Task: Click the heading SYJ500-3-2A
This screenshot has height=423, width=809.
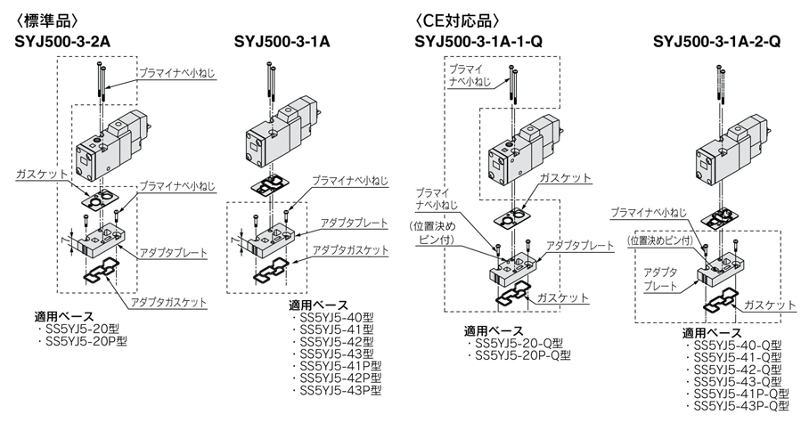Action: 60,40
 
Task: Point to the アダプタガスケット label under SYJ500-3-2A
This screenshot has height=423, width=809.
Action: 168,303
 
